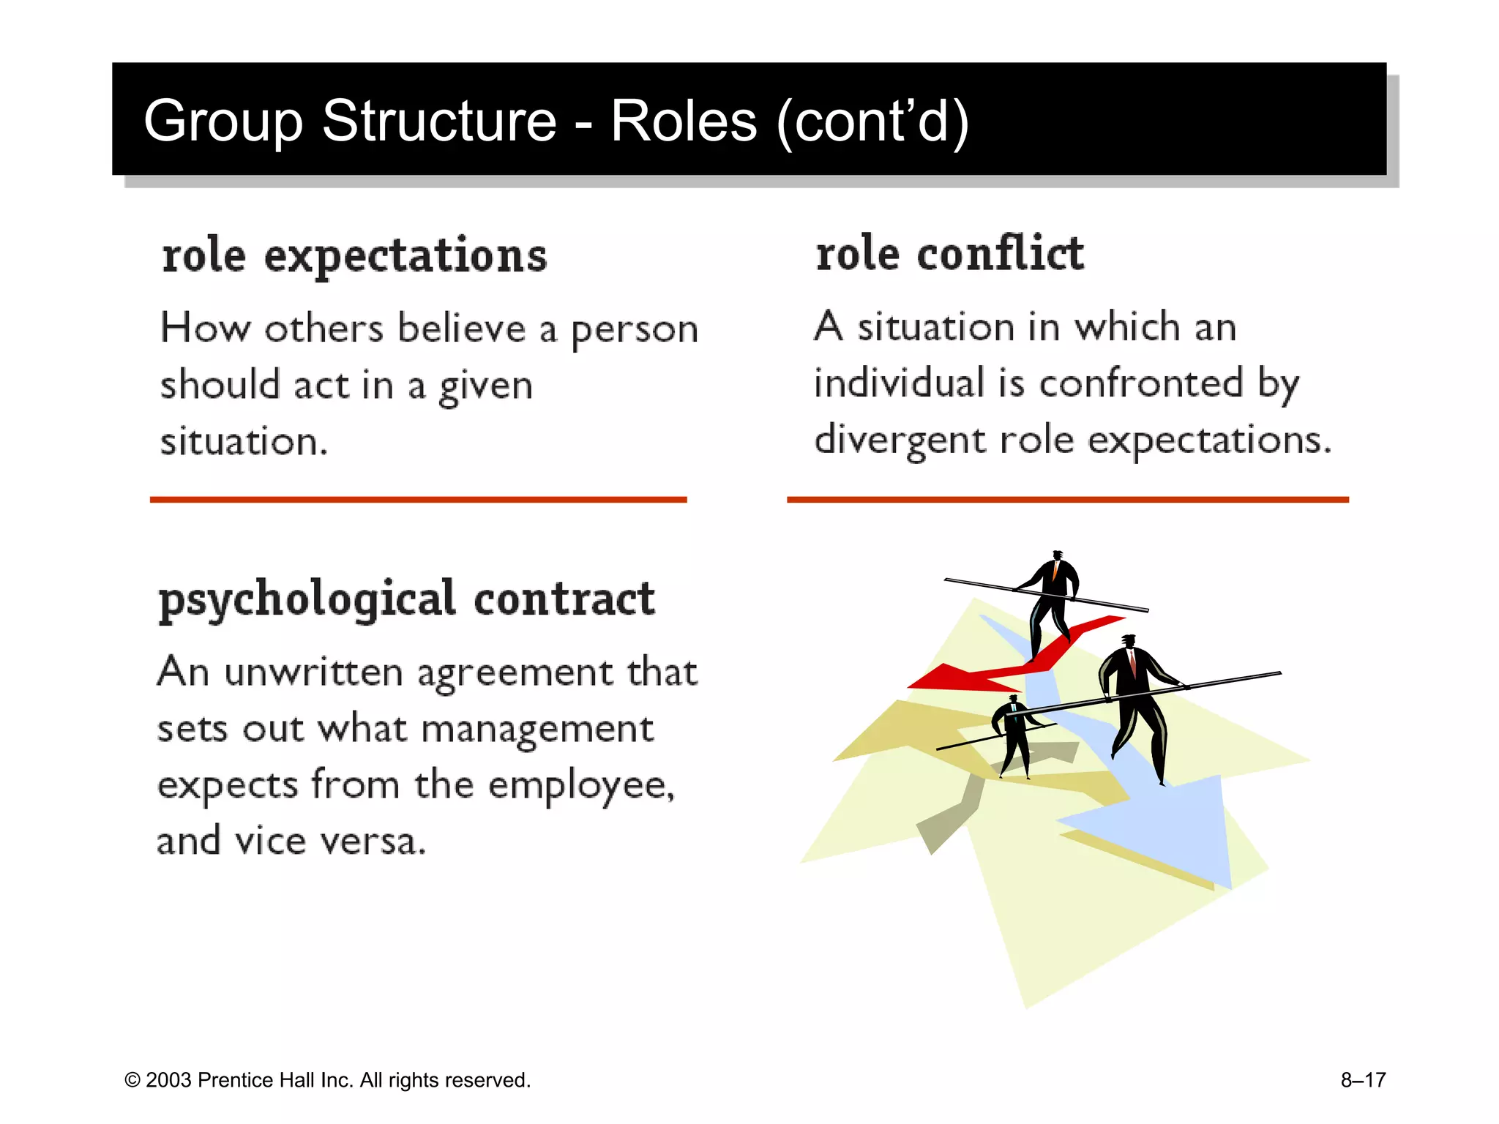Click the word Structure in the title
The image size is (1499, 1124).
439,121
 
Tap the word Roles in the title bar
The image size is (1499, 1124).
684,121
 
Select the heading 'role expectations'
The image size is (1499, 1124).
354,256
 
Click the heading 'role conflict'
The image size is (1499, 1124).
949,254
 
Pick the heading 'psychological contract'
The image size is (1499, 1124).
406,599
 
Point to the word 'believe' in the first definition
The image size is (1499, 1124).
462,329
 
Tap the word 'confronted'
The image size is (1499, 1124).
1141,383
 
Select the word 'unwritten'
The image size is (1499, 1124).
313,672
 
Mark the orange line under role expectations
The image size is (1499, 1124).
418,500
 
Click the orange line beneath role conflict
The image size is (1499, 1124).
1067,500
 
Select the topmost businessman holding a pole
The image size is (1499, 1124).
1053,596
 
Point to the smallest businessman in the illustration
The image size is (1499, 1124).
1014,735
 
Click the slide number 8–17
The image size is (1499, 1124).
1363,1080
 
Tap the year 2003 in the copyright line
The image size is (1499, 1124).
168,1081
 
